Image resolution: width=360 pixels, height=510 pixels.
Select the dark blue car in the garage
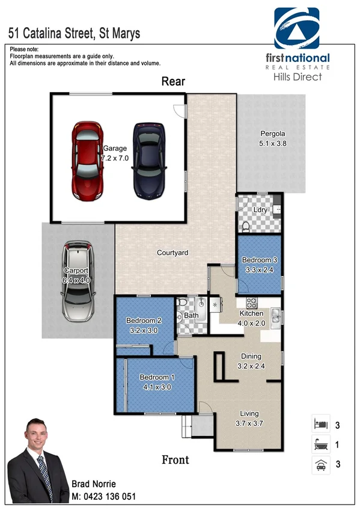[148, 161]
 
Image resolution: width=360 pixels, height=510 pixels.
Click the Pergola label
[272, 134]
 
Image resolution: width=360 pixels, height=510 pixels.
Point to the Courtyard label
[172, 253]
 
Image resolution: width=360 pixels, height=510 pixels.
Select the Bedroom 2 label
[143, 320]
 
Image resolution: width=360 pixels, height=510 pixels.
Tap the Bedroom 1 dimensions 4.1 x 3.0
[156, 387]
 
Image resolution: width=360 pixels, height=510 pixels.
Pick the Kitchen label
[251, 313]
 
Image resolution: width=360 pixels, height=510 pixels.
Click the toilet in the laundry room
[246, 226]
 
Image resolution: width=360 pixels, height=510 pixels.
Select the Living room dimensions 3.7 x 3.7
[249, 423]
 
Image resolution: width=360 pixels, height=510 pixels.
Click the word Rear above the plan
[173, 82]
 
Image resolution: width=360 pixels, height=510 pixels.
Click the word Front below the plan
[175, 460]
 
